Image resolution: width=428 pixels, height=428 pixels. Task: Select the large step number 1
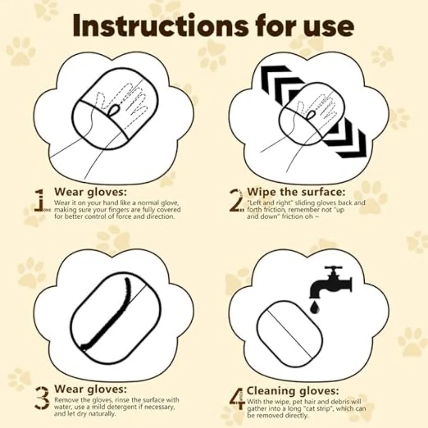[39, 200]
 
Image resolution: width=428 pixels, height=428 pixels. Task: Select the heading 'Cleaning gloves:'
[293, 391]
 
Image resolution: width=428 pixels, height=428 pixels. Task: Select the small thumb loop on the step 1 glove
[114, 110]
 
